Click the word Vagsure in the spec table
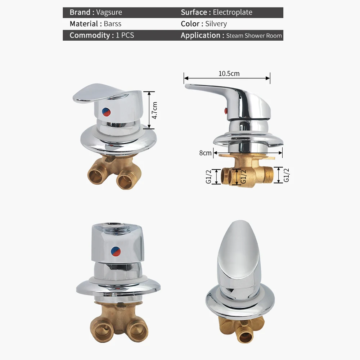(109, 12)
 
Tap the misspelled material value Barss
(112, 24)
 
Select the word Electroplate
(233, 12)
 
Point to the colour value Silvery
(216, 24)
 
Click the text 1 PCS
(125, 35)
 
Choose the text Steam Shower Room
(254, 36)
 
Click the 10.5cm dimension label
(229, 74)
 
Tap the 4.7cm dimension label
(155, 110)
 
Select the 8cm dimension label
(205, 153)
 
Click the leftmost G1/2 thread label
(208, 176)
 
